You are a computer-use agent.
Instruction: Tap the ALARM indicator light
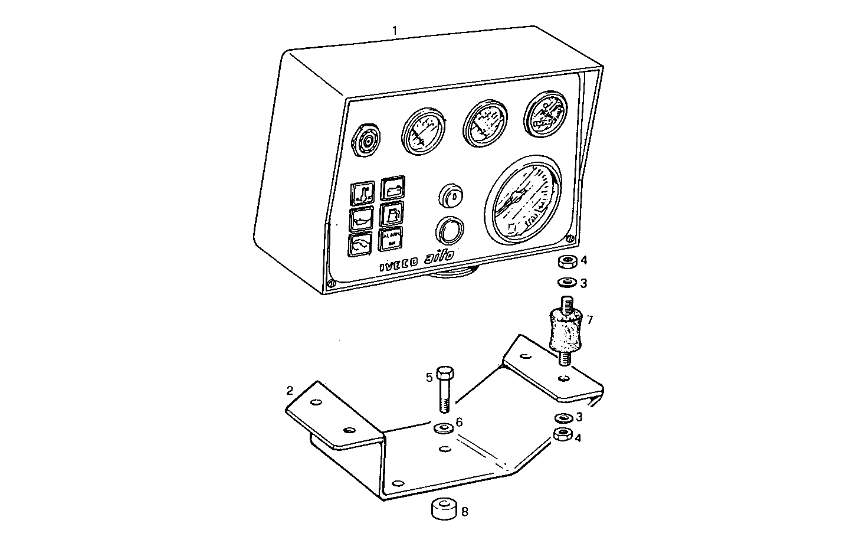[390, 238]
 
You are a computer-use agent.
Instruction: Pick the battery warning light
[392, 189]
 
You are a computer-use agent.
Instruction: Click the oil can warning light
[361, 218]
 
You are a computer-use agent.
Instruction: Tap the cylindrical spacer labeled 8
[444, 509]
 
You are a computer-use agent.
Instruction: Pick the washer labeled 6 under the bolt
[444, 427]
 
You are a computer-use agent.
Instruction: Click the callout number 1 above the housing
[395, 30]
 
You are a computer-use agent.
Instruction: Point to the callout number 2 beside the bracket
[289, 390]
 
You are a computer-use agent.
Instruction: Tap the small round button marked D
[451, 195]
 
